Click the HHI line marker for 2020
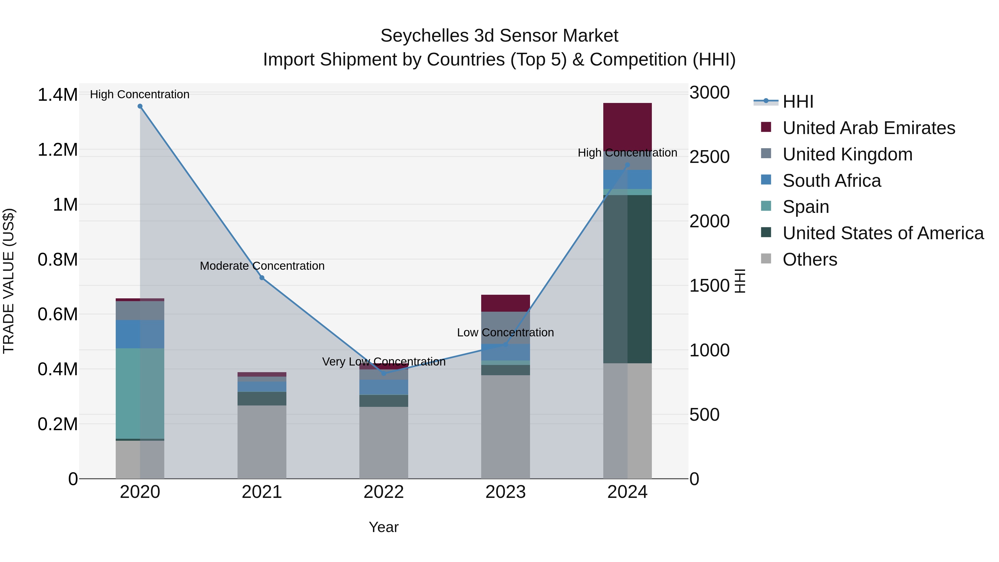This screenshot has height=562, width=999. click(x=140, y=106)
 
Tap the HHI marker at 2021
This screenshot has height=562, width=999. click(x=262, y=278)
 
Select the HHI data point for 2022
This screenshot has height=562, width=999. click(x=384, y=374)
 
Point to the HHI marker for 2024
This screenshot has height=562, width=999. click(x=627, y=165)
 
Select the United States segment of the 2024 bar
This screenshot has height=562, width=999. click(x=627, y=279)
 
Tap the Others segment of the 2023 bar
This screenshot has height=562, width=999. click(x=505, y=427)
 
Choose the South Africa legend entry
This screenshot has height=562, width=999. click(x=831, y=181)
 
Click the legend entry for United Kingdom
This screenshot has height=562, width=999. click(x=847, y=154)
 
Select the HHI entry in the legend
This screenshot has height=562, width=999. click(x=798, y=102)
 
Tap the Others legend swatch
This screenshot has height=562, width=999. click(x=766, y=259)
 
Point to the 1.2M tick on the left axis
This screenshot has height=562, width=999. click(x=57, y=150)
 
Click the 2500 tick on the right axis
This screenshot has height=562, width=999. click(x=709, y=157)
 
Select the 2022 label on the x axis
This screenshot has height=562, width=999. click(x=384, y=492)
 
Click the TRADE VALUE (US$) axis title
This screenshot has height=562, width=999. click(x=9, y=281)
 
